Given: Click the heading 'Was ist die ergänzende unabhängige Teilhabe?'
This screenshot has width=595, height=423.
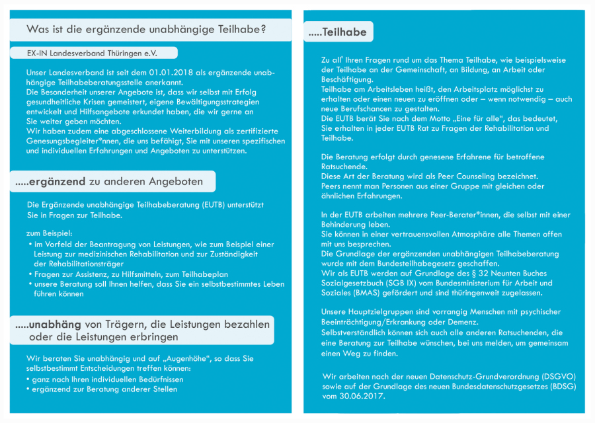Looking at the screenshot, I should coord(146,30).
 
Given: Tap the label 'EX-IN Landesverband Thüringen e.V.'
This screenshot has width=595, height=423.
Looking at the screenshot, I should coord(93,52).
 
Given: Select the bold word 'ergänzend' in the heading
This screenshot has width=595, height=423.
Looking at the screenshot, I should coord(58,181).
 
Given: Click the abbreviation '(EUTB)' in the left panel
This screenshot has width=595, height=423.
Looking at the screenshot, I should coord(217,205).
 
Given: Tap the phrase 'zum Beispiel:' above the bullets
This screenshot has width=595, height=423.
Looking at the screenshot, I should coord(50,233).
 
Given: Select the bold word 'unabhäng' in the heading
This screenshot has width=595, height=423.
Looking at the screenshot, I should coord(58,324).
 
